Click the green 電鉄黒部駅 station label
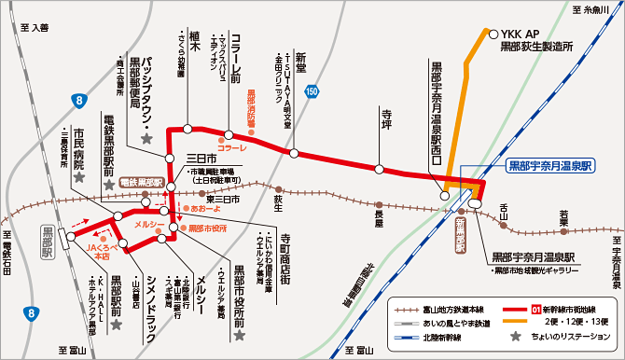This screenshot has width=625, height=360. [141, 183]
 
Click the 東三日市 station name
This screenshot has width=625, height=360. [223, 198]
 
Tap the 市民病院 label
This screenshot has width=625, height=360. [79, 147]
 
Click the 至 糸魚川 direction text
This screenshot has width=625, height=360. [594, 8]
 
